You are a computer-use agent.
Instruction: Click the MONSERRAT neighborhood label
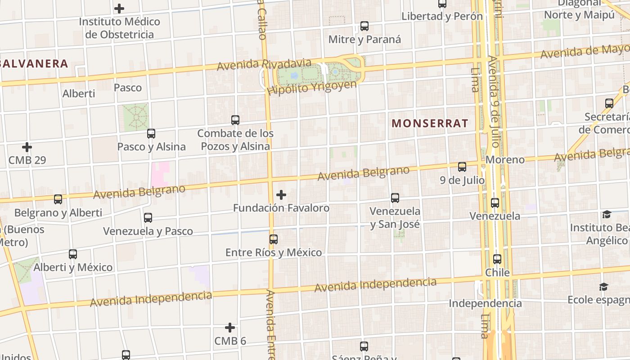pos(430,123)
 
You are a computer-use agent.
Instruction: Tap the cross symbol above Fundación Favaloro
pos(281,195)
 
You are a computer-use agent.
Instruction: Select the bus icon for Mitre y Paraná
pos(364,26)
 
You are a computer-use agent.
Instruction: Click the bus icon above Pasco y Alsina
pos(151,134)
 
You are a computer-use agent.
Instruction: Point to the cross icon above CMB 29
pos(27,147)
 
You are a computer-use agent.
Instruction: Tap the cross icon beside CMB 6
pos(230,327)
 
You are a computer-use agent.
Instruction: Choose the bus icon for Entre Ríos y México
pos(274,239)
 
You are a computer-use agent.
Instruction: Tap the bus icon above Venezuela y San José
pos(395,198)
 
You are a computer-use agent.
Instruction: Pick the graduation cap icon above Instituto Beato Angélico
pos(607,214)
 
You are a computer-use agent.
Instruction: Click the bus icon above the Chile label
pos(497,259)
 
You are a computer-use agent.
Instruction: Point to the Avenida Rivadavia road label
pos(264,64)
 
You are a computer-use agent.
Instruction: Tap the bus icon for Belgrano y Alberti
pos(58,199)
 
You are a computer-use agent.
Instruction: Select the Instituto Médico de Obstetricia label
pos(119,28)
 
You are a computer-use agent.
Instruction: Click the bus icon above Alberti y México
pos(73,254)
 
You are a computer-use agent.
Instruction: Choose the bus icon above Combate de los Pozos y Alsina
pos(235,120)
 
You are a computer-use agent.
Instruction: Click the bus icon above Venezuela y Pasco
pos(148,218)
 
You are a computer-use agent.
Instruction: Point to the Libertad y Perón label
pos(442,16)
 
